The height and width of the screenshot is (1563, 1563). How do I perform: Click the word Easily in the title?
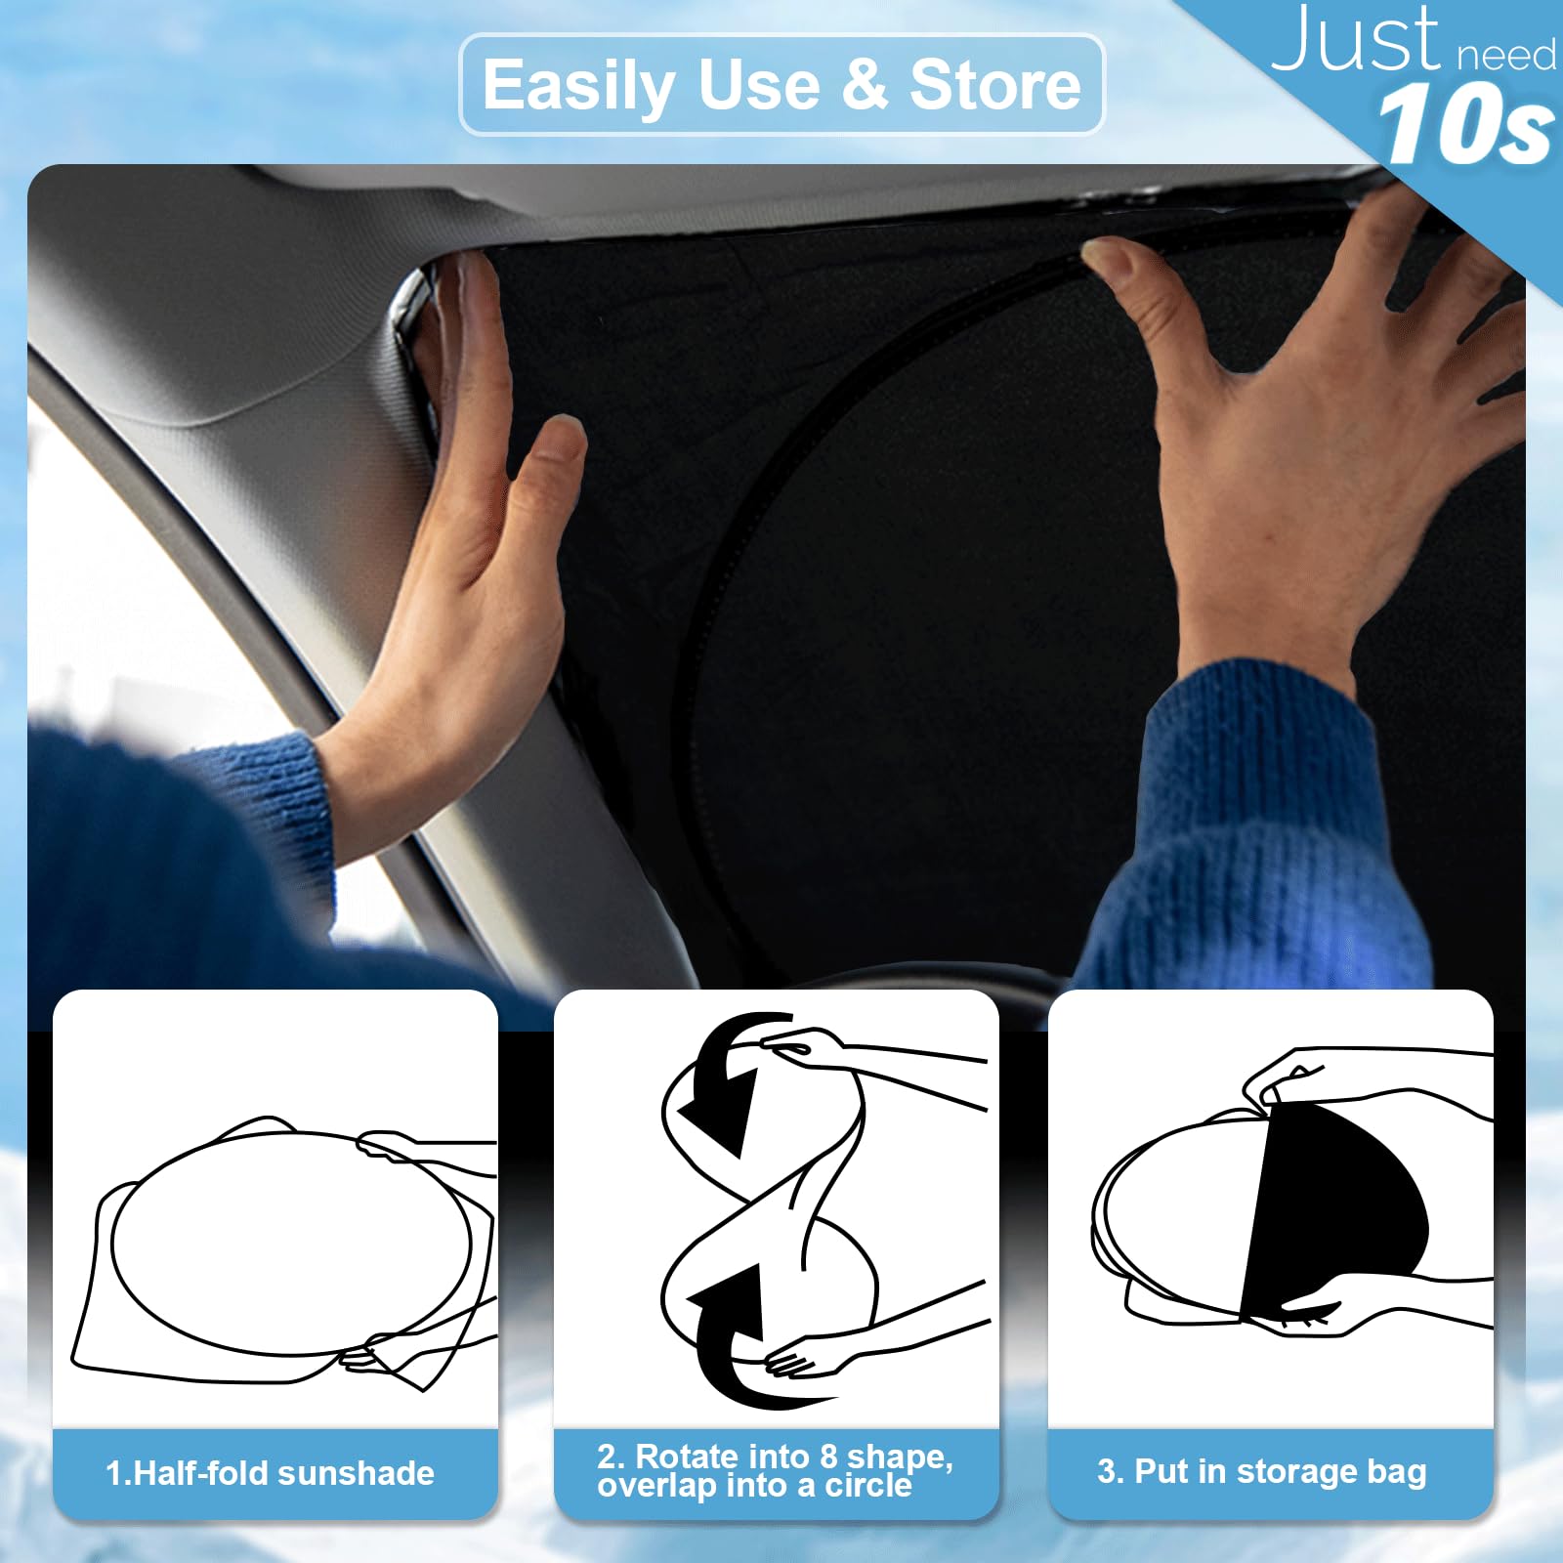click(578, 86)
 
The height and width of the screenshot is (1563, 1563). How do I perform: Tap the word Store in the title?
click(994, 86)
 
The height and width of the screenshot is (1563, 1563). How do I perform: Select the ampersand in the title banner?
click(864, 86)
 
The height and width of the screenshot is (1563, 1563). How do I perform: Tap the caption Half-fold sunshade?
click(271, 1473)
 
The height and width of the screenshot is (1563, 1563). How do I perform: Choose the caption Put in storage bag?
click(1262, 1471)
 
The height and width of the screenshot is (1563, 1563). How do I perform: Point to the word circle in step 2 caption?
click(868, 1486)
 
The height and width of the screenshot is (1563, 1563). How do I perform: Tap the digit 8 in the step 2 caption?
click(828, 1457)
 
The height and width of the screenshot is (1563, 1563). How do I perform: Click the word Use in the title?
click(760, 86)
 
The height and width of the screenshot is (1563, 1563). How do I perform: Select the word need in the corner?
click(1506, 56)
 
